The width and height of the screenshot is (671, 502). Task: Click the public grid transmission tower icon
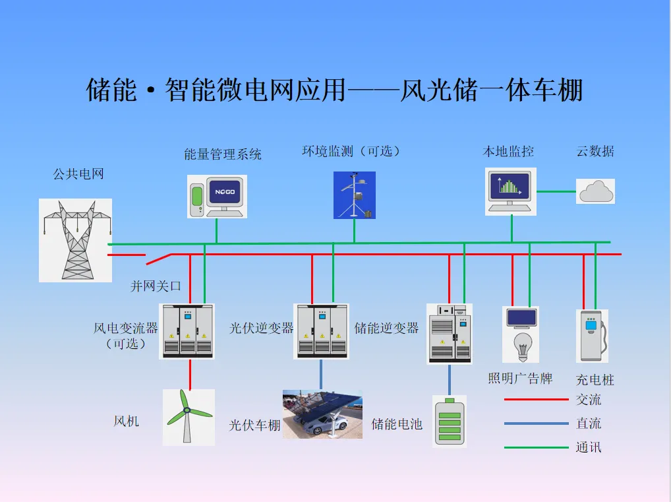pos(75,240)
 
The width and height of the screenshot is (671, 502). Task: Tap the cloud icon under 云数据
pos(596,191)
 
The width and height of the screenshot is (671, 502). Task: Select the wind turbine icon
pos(188,417)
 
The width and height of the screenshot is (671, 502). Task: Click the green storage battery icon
pos(450,422)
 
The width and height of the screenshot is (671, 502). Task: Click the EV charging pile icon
pos(591,336)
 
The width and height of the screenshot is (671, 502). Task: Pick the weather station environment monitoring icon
pos(355,195)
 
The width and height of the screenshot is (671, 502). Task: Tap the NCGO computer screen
pos(223,193)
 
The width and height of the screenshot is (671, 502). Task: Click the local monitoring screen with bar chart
pos(510,187)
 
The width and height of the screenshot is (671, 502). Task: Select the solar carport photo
pos(322,414)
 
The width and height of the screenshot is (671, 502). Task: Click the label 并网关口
pos(156,286)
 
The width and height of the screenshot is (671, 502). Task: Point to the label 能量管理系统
pos(223,154)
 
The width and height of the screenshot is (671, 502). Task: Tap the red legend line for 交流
pos(536,399)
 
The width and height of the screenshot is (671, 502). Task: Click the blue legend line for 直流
pos(536,424)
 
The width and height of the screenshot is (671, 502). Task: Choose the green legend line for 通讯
pos(536,448)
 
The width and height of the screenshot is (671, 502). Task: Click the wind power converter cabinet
pos(187,331)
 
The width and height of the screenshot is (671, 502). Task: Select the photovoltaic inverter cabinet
pos(321,331)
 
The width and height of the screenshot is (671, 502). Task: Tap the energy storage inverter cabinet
pos(450,334)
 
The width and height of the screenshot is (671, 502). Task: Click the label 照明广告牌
pos(520,379)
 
